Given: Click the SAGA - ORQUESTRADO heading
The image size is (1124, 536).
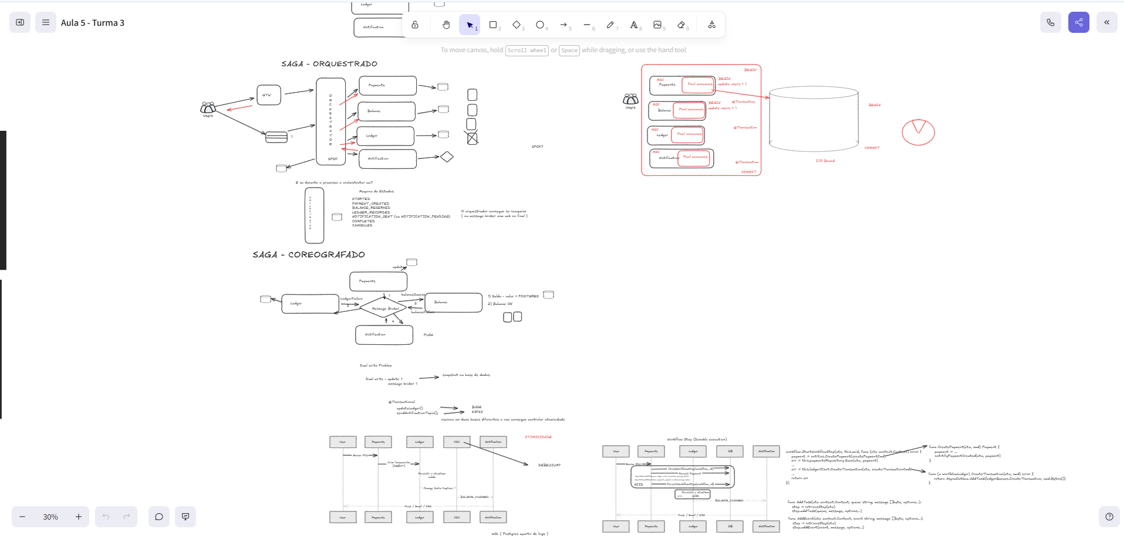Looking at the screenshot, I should (329, 63).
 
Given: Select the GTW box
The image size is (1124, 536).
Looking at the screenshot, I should (268, 95).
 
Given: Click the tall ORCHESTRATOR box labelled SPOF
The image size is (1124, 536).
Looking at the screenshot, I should (330, 121).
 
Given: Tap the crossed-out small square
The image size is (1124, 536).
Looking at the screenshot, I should (472, 138).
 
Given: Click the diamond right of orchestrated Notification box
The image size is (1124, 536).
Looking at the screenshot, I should (447, 157).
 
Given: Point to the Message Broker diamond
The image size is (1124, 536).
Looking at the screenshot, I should (384, 308).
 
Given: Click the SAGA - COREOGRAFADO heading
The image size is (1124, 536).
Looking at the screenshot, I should (309, 255).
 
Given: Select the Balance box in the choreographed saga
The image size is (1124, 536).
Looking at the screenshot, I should (453, 303).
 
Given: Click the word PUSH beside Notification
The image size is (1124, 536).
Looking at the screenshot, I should (428, 335).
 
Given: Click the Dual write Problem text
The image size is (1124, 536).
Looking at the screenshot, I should (375, 365).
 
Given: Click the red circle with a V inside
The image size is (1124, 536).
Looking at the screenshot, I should (918, 132).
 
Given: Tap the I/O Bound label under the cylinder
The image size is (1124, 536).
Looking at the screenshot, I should (825, 161).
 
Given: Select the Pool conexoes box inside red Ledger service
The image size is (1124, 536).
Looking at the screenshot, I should (688, 134).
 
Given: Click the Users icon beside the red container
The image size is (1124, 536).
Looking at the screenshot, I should (630, 99).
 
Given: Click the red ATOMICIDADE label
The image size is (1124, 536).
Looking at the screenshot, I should (538, 437).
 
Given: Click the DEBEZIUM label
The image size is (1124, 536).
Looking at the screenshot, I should (549, 465).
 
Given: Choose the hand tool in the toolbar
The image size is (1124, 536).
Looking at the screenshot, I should (446, 25).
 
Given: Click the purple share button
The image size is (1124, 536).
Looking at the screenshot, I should (1078, 22).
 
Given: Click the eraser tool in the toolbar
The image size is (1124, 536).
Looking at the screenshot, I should (681, 25).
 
